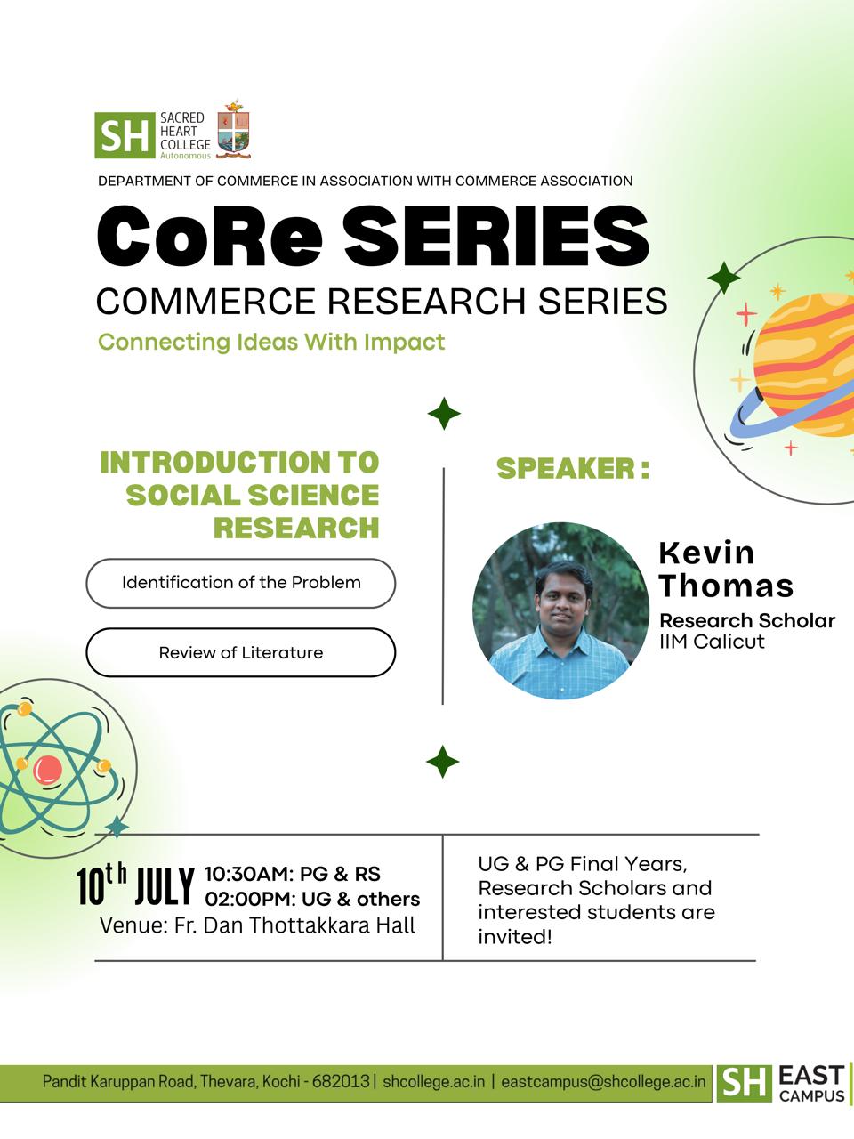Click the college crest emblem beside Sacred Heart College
233,129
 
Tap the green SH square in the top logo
125,135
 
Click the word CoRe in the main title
210,236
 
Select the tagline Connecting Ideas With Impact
271,343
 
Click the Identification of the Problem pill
240,583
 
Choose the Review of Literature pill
240,653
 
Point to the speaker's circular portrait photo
560,610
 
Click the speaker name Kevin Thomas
726,569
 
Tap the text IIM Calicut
712,642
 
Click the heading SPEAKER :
573,469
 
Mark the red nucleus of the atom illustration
47,770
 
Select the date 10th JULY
135,886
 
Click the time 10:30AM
246,875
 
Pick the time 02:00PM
246,900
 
